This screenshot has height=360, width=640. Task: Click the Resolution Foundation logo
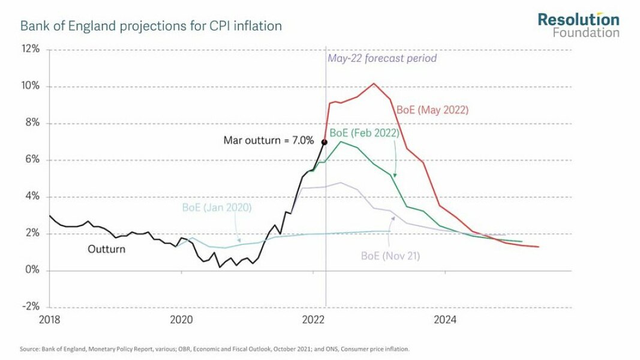pyautogui.click(x=578, y=25)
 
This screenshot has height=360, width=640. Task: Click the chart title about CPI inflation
pyautogui.click(x=151, y=26)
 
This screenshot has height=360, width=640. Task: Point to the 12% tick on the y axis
pyautogui.click(x=31, y=49)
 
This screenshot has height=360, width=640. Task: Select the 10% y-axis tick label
pyautogui.click(x=31, y=86)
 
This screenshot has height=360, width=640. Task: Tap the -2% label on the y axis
pyautogui.click(x=31, y=307)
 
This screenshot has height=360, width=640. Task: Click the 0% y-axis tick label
pyautogui.click(x=32, y=270)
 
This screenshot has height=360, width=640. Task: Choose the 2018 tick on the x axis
pyautogui.click(x=50, y=320)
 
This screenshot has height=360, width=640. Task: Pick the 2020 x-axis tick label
pyautogui.click(x=182, y=320)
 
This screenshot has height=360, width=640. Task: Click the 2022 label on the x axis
pyautogui.click(x=314, y=320)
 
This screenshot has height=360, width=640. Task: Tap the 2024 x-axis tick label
pyautogui.click(x=446, y=320)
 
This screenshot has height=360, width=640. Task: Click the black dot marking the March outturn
pyautogui.click(x=324, y=142)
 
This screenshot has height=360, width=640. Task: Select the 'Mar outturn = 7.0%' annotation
pyautogui.click(x=269, y=141)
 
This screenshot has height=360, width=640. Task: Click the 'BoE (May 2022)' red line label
pyautogui.click(x=432, y=110)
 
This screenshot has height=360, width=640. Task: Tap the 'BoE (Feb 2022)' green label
pyautogui.click(x=364, y=133)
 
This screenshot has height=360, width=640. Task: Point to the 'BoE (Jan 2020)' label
pyautogui.click(x=217, y=208)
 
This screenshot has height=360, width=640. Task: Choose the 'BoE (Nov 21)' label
pyautogui.click(x=390, y=256)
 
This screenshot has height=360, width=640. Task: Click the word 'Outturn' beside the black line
pyautogui.click(x=107, y=248)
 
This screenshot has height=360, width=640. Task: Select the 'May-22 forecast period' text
pyautogui.click(x=382, y=58)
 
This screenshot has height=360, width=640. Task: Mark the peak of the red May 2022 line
pyautogui.click(x=374, y=83)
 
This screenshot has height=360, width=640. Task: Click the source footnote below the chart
pyautogui.click(x=215, y=349)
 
